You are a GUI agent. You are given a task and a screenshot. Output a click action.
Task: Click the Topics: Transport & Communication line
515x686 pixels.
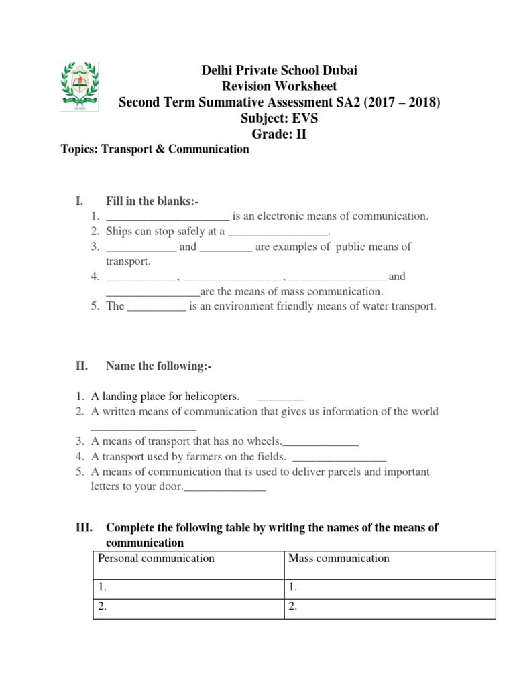155,149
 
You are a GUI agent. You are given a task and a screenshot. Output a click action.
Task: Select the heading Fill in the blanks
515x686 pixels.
152,202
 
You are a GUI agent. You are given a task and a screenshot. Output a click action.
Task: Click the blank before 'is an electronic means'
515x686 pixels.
168,217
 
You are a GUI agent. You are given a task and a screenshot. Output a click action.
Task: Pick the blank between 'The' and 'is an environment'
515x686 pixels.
156,307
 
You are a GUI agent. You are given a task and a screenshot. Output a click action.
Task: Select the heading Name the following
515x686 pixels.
159,366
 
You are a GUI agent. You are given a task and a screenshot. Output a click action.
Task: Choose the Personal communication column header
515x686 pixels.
156,558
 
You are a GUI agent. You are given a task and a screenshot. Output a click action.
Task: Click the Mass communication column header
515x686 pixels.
339,558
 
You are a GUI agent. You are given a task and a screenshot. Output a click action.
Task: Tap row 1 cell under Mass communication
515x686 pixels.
389,588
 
